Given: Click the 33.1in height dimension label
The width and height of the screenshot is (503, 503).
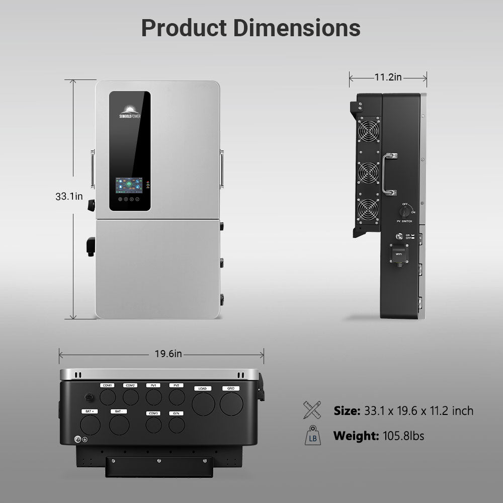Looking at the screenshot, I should tap(69, 197).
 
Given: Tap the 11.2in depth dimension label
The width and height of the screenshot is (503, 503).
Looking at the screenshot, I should tap(388, 77).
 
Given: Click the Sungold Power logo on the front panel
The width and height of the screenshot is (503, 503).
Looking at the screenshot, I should tap(130, 112).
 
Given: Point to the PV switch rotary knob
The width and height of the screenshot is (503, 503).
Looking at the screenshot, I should tap(405, 211).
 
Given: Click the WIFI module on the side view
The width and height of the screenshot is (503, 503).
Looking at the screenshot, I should tap(399, 255).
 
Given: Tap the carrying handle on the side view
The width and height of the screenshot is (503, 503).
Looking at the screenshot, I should tap(389, 174).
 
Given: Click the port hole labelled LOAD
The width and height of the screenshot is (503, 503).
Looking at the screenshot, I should tap(203, 404).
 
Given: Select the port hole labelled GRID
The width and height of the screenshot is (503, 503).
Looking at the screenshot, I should tap(231, 404).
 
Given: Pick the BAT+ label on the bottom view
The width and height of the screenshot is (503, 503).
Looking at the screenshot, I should tap(90, 411).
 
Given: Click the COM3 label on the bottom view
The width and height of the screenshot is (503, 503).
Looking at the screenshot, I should tap(153, 413).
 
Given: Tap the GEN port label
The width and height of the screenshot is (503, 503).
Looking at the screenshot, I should tap(177, 413).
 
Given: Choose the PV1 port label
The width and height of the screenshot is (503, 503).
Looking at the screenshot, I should tap(153, 385).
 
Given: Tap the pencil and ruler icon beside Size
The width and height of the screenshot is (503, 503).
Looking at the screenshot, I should tap(312, 410).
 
